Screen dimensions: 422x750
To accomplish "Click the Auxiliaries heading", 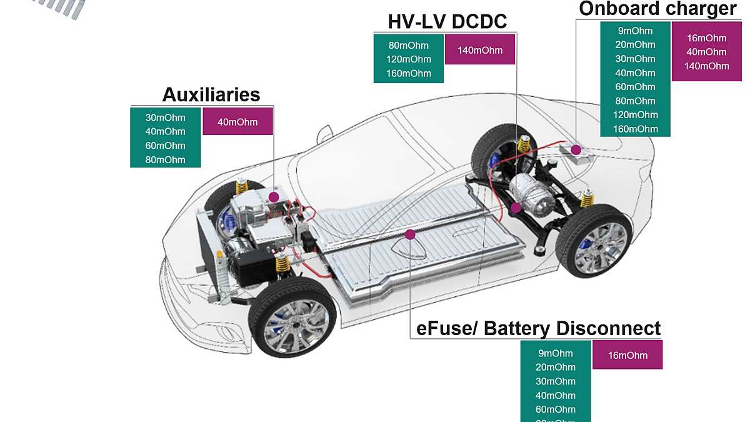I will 211,94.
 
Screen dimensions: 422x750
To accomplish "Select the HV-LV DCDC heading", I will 447,21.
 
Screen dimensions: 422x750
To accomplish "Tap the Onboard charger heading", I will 657,9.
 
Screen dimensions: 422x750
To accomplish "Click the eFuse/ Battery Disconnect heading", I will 538,328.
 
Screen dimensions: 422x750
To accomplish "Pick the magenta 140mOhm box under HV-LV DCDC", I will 480,50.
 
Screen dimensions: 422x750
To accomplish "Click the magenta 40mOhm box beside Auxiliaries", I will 237,122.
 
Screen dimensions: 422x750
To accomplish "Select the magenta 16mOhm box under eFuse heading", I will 627,355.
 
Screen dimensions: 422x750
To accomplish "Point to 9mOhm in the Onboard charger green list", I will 635,31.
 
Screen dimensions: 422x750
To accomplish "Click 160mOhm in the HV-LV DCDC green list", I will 409,74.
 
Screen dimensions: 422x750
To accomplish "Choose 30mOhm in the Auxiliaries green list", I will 166,118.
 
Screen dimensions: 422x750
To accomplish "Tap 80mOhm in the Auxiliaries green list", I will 166,159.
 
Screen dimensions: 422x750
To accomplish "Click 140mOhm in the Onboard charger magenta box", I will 707,66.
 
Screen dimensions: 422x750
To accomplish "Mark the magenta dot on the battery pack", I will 410,234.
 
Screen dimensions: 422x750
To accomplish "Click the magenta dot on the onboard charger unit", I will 577,149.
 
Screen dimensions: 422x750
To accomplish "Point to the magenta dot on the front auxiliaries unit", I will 273,197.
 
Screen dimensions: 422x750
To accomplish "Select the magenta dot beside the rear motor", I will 516,207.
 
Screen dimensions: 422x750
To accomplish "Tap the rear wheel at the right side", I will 593,241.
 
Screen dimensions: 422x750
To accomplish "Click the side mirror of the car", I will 324,134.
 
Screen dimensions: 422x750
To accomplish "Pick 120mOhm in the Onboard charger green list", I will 635,115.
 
